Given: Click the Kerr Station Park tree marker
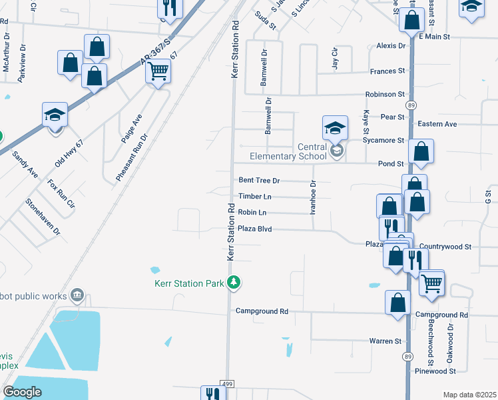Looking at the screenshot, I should [233, 283].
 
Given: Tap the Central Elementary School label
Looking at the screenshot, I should [283, 152].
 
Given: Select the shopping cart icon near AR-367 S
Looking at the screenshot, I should [158, 70].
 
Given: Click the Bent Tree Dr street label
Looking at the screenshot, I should [259, 181].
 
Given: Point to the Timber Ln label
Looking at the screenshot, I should [255, 197].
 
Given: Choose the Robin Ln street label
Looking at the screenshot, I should [252, 213].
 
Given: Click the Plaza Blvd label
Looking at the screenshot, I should [256, 229].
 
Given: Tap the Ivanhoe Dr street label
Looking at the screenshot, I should [312, 197].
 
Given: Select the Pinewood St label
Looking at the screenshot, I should [435, 371].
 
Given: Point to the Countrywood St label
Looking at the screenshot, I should [445, 247].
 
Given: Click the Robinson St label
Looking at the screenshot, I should [384, 95].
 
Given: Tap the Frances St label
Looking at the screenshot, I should [388, 71].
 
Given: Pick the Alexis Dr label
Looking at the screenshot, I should [391, 46].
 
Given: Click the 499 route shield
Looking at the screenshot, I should [228, 385].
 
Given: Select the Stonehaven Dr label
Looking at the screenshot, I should [43, 217].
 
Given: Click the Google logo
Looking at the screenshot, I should [21, 392].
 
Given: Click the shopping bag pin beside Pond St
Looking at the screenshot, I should [421, 153].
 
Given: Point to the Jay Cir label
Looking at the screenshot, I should [335, 58].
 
